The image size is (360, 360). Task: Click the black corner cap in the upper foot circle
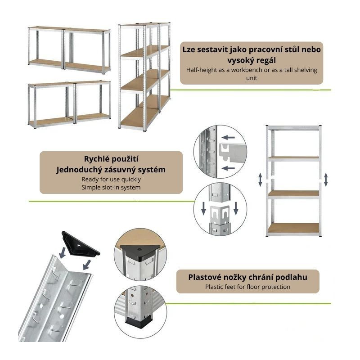tap(139, 251)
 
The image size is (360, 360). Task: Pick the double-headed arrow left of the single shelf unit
tap(260, 180)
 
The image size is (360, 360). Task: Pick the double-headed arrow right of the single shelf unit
tap(326, 180)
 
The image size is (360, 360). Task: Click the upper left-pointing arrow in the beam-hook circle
tap(228, 138)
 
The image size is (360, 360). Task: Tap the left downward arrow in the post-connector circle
tap(203, 208)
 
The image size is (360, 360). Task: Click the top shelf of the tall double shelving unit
tap(144, 24)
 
